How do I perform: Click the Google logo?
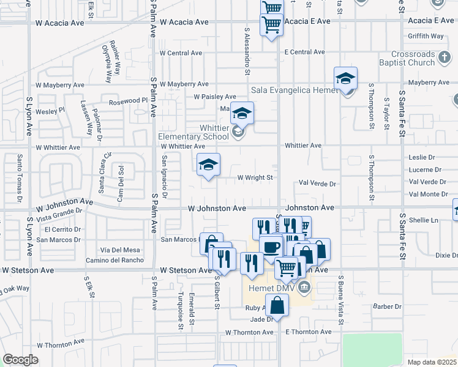(x=20, y=360)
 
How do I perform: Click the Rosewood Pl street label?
(x=129, y=100)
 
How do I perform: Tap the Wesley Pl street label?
(x=50, y=111)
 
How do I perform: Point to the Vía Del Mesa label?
(x=120, y=250)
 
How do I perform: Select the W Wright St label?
(x=254, y=177)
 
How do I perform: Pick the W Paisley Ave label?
(x=215, y=97)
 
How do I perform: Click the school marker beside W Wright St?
(x=208, y=165)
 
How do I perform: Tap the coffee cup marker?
(x=271, y=247)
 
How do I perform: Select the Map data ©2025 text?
(x=431, y=362)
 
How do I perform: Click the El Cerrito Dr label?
(x=62, y=229)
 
